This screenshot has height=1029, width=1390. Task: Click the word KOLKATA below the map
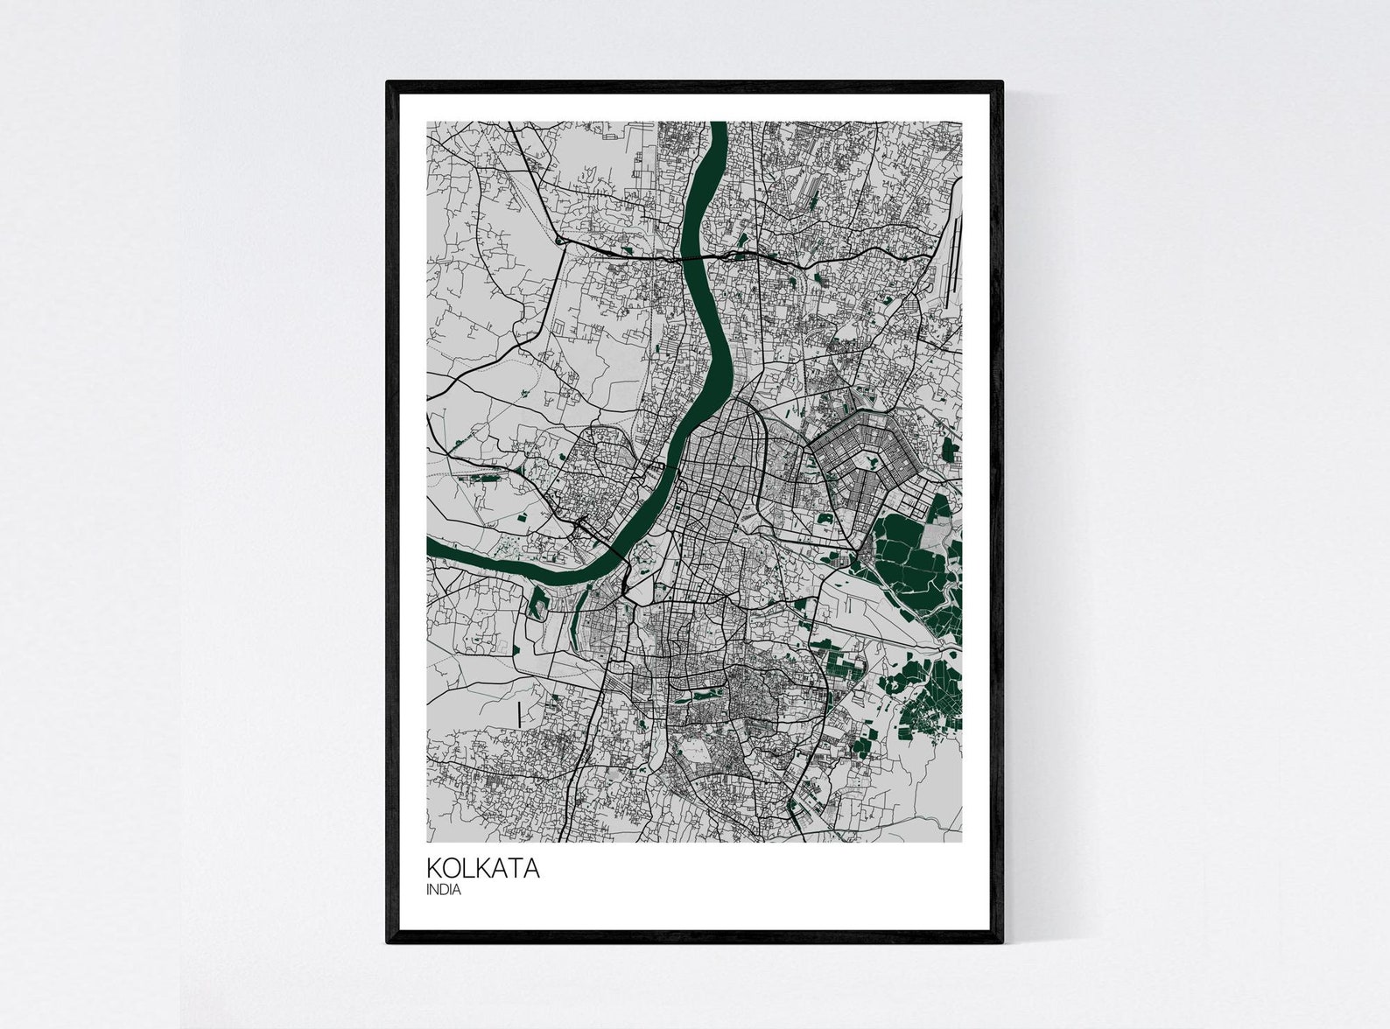(482, 870)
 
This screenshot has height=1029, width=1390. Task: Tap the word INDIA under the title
(444, 891)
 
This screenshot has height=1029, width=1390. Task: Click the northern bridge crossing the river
(691, 259)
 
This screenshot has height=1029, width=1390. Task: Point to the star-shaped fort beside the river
(645, 554)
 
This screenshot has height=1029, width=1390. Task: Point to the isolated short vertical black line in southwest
(519, 714)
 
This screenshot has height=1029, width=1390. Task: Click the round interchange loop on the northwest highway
(558, 239)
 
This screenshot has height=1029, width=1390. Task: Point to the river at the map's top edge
(719, 125)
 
